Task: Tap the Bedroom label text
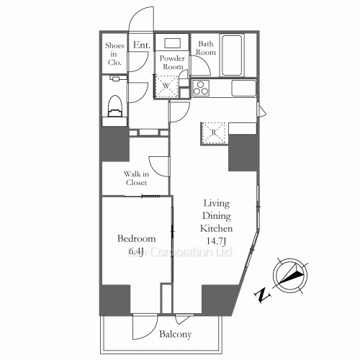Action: (x=136, y=238)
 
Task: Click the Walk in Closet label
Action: (x=135, y=178)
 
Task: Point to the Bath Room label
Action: (x=207, y=48)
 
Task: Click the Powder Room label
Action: (x=172, y=62)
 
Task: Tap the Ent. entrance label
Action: (x=141, y=46)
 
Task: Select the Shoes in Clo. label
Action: (x=115, y=54)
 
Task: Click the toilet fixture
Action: (x=114, y=106)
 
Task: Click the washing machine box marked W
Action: (x=166, y=86)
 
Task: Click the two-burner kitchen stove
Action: (x=199, y=89)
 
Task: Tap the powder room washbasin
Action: (x=172, y=42)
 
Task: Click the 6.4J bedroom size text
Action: (x=137, y=251)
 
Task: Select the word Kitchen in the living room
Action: (x=217, y=228)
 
